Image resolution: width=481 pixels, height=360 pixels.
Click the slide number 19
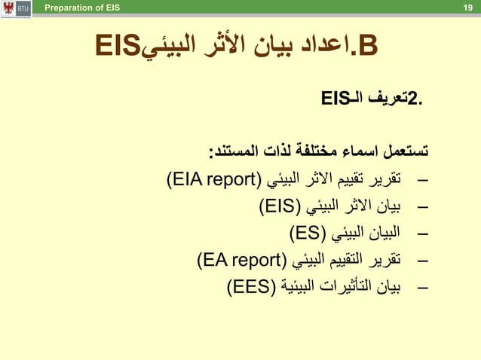tap(467, 8)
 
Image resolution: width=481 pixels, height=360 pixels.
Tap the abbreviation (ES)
tap(305, 231)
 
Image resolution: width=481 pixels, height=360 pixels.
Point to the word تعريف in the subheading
tap(385, 98)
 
